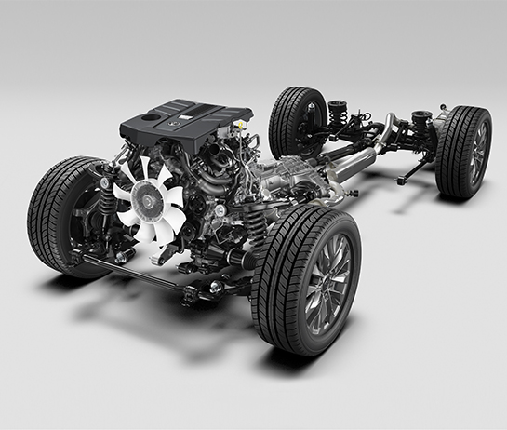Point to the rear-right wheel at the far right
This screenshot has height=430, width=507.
click(x=464, y=151)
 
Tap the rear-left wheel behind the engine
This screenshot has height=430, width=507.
click(x=296, y=121)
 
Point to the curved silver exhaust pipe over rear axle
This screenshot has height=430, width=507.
click(x=387, y=128)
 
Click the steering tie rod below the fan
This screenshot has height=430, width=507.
click(x=140, y=270)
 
